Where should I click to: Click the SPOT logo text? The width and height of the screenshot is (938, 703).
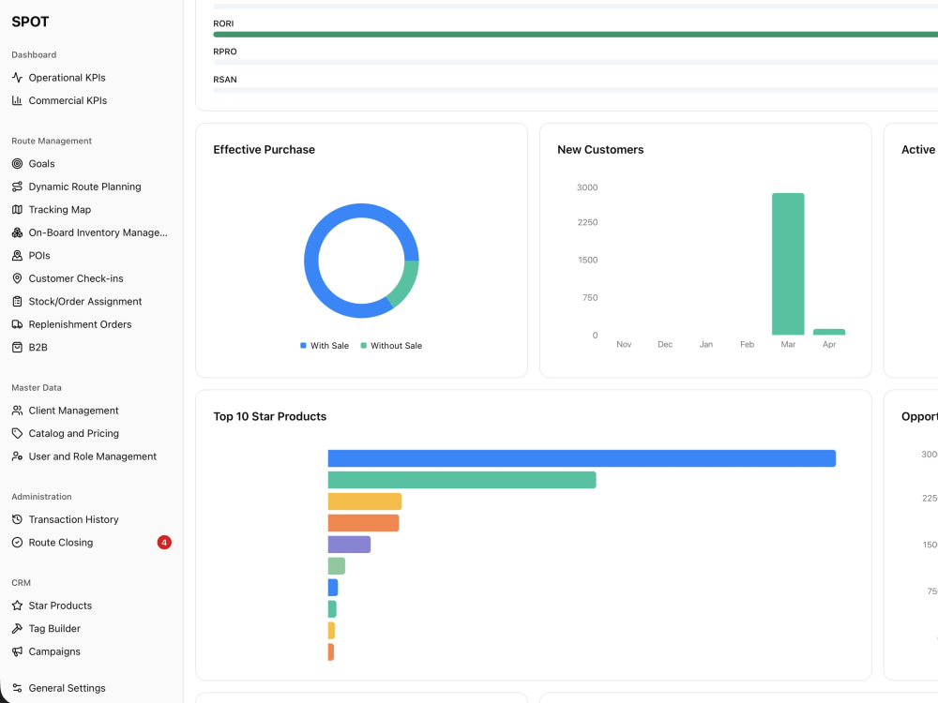pyautogui.click(x=30, y=22)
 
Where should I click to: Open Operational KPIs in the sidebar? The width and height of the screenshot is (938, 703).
pyautogui.click(x=67, y=78)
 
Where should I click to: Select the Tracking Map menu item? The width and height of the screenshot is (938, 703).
pyautogui.click(x=60, y=210)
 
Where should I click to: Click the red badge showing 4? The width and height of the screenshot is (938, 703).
pyautogui.click(x=164, y=542)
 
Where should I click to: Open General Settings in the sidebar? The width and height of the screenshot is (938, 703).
pyautogui.click(x=67, y=688)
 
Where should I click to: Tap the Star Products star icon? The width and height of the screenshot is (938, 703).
pyautogui.click(x=17, y=606)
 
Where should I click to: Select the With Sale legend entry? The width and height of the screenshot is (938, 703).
pyautogui.click(x=325, y=346)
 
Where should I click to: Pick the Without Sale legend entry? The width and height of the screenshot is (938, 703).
pyautogui.click(x=391, y=346)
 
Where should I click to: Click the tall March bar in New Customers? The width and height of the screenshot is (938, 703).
pyautogui.click(x=788, y=263)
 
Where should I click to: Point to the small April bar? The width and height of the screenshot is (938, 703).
pyautogui.click(x=829, y=332)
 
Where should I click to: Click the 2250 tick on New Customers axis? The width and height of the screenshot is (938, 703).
pyautogui.click(x=587, y=222)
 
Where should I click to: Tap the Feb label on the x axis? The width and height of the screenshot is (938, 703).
pyautogui.click(x=748, y=344)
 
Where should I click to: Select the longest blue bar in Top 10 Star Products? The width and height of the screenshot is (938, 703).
pyautogui.click(x=582, y=458)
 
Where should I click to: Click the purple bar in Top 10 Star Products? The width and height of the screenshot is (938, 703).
pyautogui.click(x=349, y=545)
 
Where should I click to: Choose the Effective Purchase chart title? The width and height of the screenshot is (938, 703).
pyautogui.click(x=264, y=149)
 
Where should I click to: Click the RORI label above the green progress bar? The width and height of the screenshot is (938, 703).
pyautogui.click(x=223, y=23)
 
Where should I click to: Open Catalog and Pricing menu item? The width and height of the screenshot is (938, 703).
pyautogui.click(x=73, y=433)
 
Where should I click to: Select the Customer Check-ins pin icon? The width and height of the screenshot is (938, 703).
pyautogui.click(x=17, y=278)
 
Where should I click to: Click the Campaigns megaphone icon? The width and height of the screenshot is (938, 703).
pyautogui.click(x=17, y=651)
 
